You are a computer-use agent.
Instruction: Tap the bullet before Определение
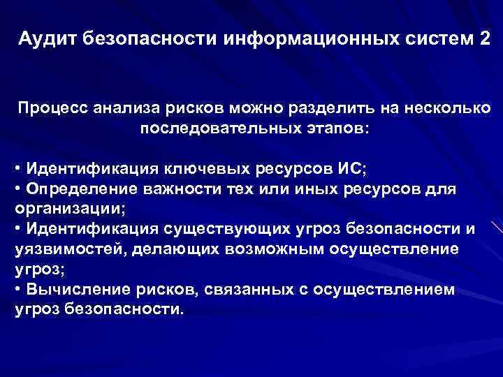click(x=17, y=189)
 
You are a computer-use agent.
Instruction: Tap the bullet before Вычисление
click(x=17, y=289)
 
